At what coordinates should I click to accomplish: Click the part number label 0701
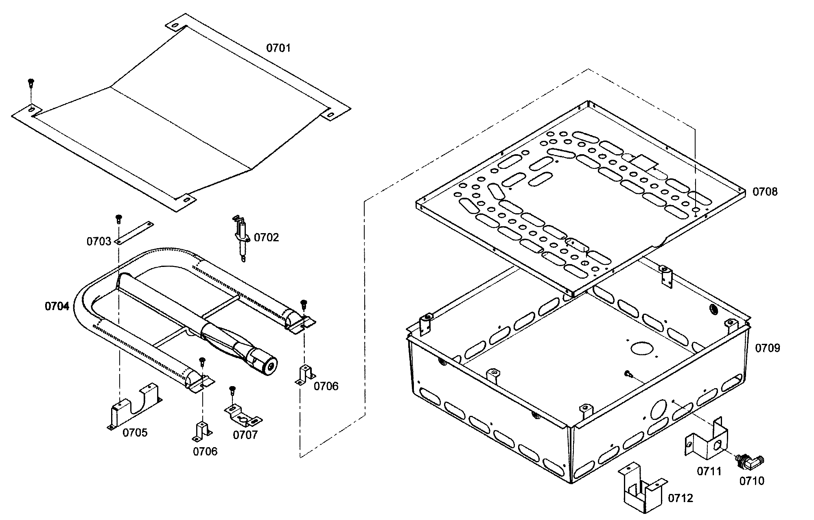pos(278,48)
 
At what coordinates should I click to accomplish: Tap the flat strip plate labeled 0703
pos(134,233)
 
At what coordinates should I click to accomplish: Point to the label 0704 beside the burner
pos(57,306)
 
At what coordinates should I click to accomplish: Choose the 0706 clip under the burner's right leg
pos(304,374)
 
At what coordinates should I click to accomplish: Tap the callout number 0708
pos(764,192)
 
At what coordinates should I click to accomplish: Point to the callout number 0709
pos(768,348)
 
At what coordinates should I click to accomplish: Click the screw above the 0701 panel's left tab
pos(31,83)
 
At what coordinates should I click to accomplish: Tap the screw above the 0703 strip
pos(119,218)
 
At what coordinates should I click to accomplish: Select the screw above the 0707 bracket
pos(232,390)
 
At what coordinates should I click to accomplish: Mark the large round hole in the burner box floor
pos(642,347)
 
